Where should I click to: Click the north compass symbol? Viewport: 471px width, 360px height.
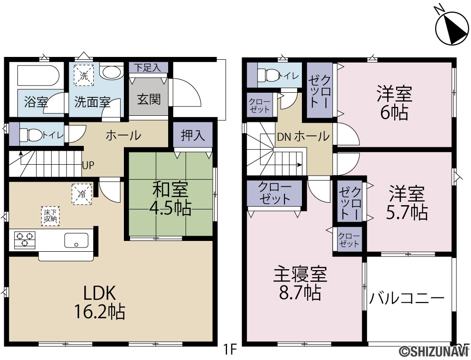click(452, 28)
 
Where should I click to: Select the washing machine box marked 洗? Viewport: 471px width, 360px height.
click(84, 76)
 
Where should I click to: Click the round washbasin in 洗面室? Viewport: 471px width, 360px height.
click(112, 72)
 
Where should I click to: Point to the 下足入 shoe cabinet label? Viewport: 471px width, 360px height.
click(147, 67)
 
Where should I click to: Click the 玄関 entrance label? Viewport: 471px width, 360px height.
click(149, 99)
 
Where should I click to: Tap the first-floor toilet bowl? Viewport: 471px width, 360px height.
click(30, 135)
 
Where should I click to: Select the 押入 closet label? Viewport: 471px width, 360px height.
click(193, 136)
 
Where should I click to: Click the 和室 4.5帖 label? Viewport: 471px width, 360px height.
click(170, 198)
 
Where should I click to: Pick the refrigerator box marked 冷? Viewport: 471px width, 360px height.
click(81, 194)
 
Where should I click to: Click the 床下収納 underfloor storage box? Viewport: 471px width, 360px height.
click(50, 216)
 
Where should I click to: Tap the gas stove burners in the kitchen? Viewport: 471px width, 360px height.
click(24, 240)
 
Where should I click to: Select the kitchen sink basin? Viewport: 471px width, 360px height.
click(76, 240)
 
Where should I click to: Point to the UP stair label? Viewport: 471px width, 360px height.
click(88, 165)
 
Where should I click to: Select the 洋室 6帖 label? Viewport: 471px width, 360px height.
click(395, 103)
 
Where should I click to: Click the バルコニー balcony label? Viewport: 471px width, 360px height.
click(406, 299)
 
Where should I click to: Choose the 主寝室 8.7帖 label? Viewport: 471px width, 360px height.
click(300, 283)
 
